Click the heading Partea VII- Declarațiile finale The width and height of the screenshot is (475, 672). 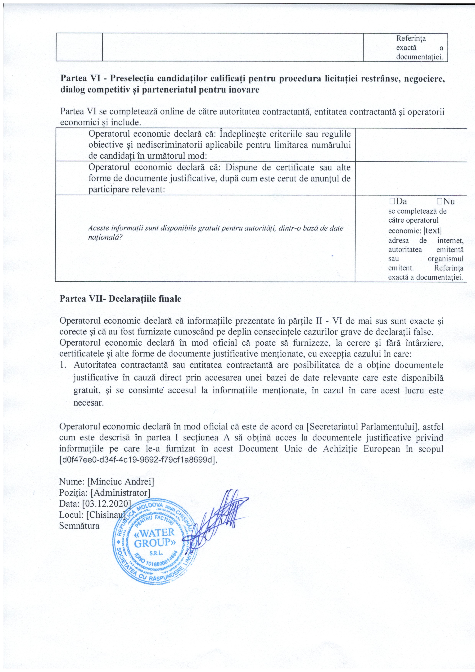(121, 299)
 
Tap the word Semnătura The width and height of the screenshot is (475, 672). (79, 526)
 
